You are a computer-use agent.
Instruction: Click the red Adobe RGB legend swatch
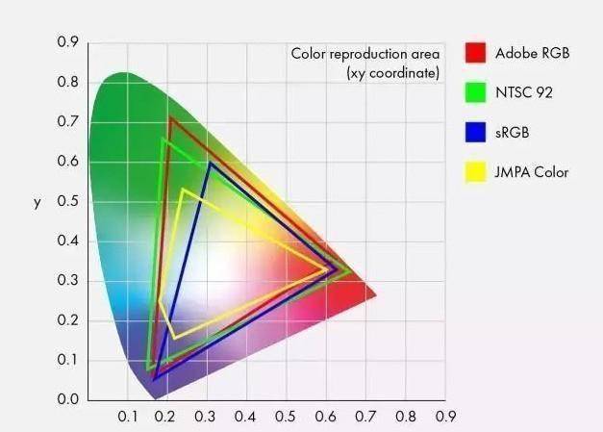(474, 52)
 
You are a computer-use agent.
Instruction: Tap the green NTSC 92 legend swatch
(474, 92)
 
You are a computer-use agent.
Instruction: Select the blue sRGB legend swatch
(474, 132)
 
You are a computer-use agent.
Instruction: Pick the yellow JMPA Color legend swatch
(474, 172)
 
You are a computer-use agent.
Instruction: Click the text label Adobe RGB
(532, 53)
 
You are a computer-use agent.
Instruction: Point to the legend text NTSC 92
(523, 92)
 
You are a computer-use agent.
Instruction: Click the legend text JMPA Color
(532, 172)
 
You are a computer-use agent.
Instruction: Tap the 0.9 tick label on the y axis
(67, 42)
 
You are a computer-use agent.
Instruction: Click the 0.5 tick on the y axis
(67, 201)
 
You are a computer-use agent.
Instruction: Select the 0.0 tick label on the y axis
(67, 399)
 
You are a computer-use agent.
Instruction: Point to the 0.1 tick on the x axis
(128, 417)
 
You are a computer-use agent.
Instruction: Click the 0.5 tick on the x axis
(286, 417)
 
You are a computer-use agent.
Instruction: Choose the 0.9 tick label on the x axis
(444, 417)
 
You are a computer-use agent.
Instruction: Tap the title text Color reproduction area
(364, 53)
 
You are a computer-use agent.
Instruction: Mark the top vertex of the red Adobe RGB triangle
(170, 117)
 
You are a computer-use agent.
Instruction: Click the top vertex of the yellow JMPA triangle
(182, 189)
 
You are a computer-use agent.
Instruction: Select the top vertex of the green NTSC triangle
(164, 140)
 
